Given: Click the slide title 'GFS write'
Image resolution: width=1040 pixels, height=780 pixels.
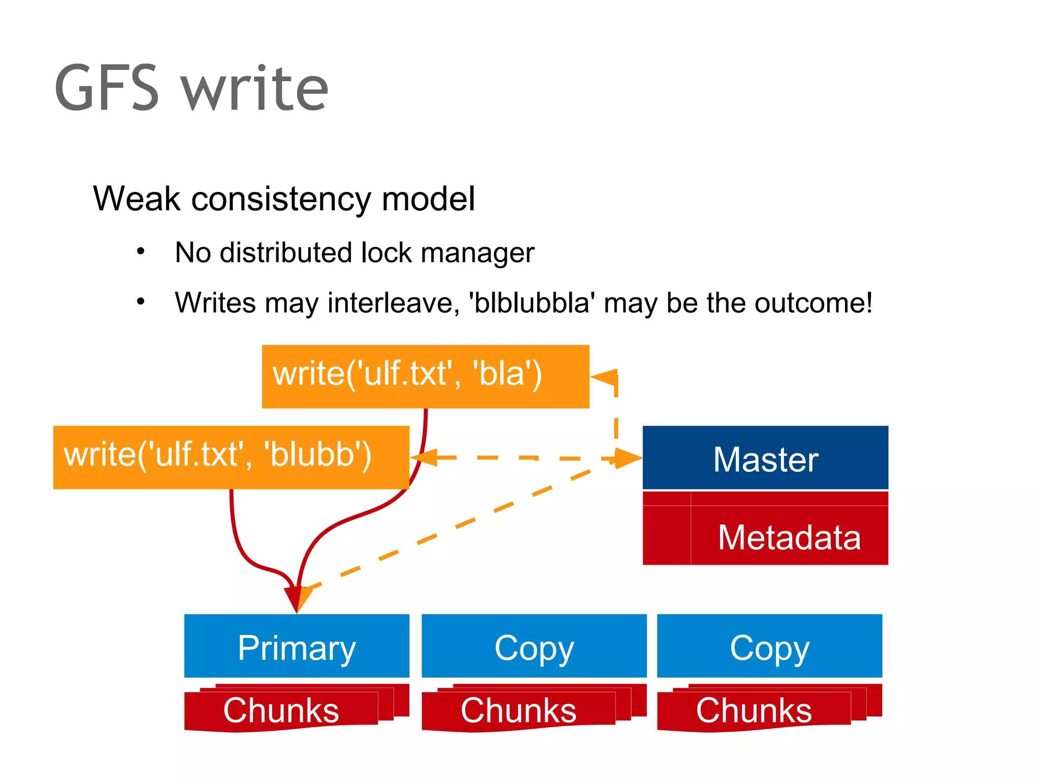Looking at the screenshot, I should [x=191, y=88].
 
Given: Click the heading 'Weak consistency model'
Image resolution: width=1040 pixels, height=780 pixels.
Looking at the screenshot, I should [x=284, y=199].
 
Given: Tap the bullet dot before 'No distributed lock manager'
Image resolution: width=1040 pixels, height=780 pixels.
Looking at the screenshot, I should [x=141, y=251].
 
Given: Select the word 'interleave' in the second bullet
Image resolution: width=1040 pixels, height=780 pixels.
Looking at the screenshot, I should [x=390, y=303].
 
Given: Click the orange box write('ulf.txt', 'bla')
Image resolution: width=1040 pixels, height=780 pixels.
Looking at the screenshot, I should [x=425, y=376].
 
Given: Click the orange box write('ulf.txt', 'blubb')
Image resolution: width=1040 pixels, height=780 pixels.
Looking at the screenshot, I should [x=231, y=457].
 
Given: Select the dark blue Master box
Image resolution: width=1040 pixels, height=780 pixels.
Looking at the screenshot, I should [x=765, y=458].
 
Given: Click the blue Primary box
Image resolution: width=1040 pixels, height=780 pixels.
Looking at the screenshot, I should [x=297, y=646].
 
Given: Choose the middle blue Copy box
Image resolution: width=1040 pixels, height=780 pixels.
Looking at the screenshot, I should [x=534, y=646].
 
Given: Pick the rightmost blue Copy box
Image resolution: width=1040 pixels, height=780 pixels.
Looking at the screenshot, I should [x=769, y=646].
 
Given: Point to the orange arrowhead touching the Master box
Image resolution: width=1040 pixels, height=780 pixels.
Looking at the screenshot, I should [x=629, y=458].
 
